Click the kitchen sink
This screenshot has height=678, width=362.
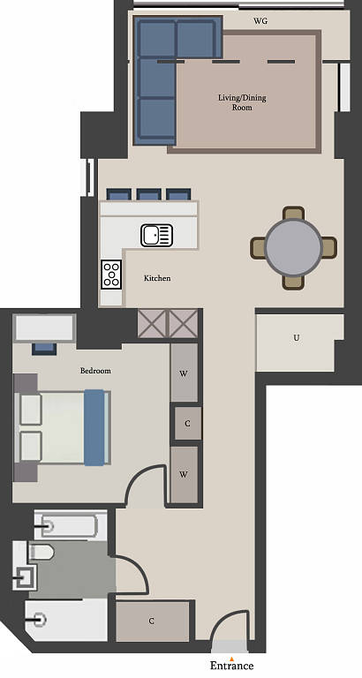[x=156, y=235]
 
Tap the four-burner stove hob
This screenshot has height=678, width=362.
[x=111, y=275]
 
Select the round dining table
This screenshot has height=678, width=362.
[x=294, y=247]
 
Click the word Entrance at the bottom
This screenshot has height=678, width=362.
[x=232, y=666]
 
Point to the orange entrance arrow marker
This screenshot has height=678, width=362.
[x=232, y=659]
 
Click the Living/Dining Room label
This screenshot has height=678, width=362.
[x=242, y=102]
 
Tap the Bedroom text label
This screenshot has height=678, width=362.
[x=95, y=371]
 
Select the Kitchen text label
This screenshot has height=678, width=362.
[x=157, y=278]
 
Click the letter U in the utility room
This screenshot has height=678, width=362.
[x=297, y=338]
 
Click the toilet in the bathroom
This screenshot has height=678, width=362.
[x=41, y=552]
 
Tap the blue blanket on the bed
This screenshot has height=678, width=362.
[x=94, y=427]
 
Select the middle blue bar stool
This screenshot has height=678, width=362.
[x=149, y=194]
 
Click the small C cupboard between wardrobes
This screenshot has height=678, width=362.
[x=188, y=424]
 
